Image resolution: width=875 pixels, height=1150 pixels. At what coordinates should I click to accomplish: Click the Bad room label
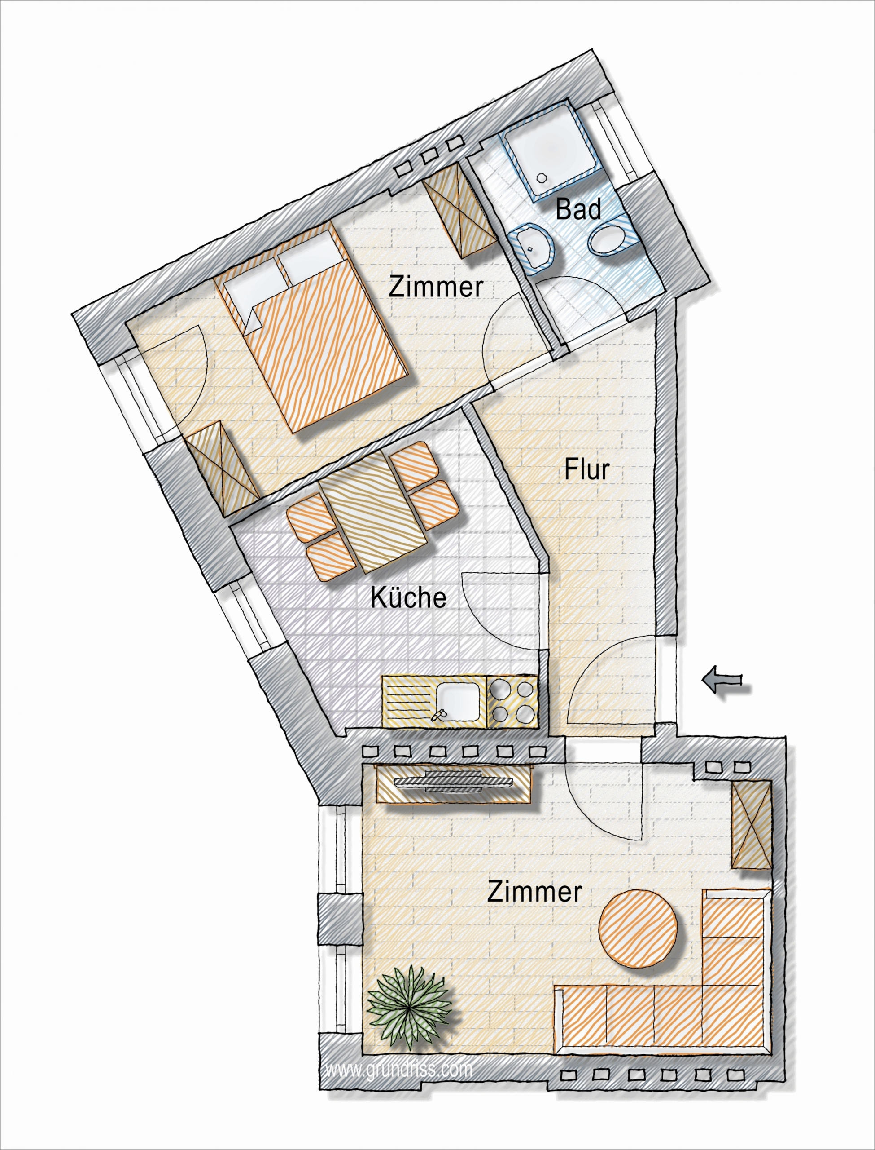[x=578, y=210]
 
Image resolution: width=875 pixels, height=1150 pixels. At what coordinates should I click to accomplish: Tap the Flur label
[x=587, y=470]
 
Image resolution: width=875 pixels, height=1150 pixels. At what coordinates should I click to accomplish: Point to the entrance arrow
[x=722, y=679]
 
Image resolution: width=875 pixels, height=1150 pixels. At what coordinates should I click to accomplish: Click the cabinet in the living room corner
[x=751, y=825]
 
